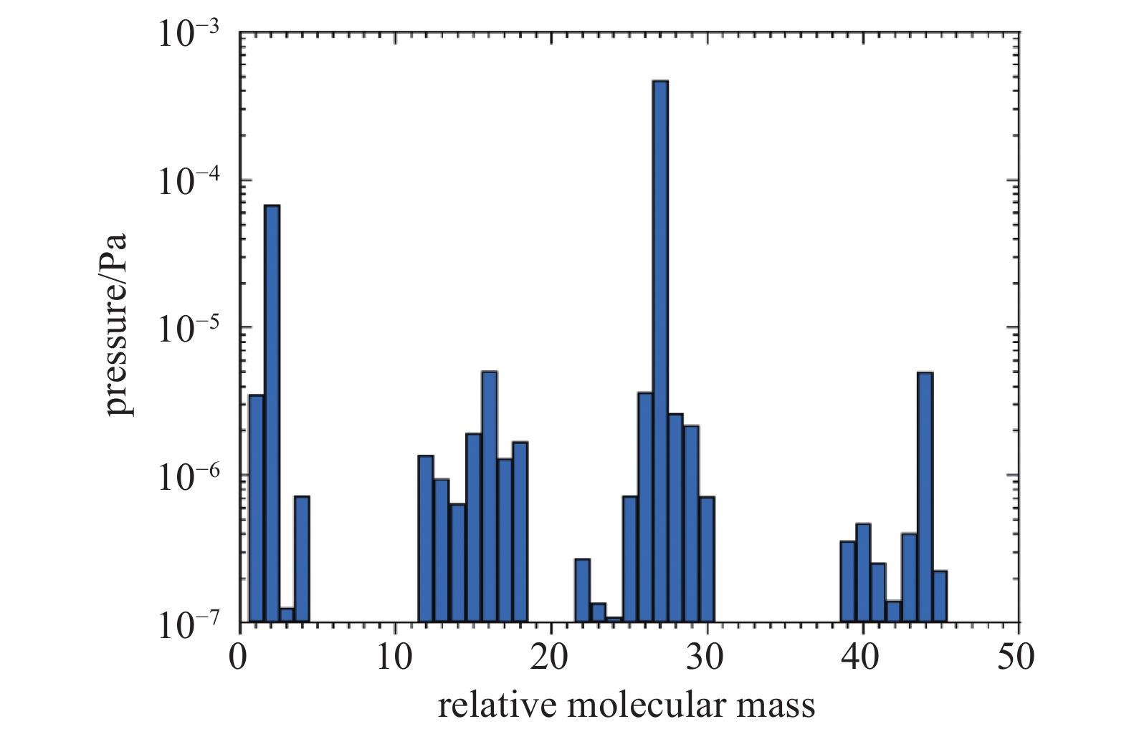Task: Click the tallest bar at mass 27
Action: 660,351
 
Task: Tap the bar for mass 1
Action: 256,508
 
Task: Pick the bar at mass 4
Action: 302,559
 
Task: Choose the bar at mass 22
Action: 582,590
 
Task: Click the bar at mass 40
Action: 863,573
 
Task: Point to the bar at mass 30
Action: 707,559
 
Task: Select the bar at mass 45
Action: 940,596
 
